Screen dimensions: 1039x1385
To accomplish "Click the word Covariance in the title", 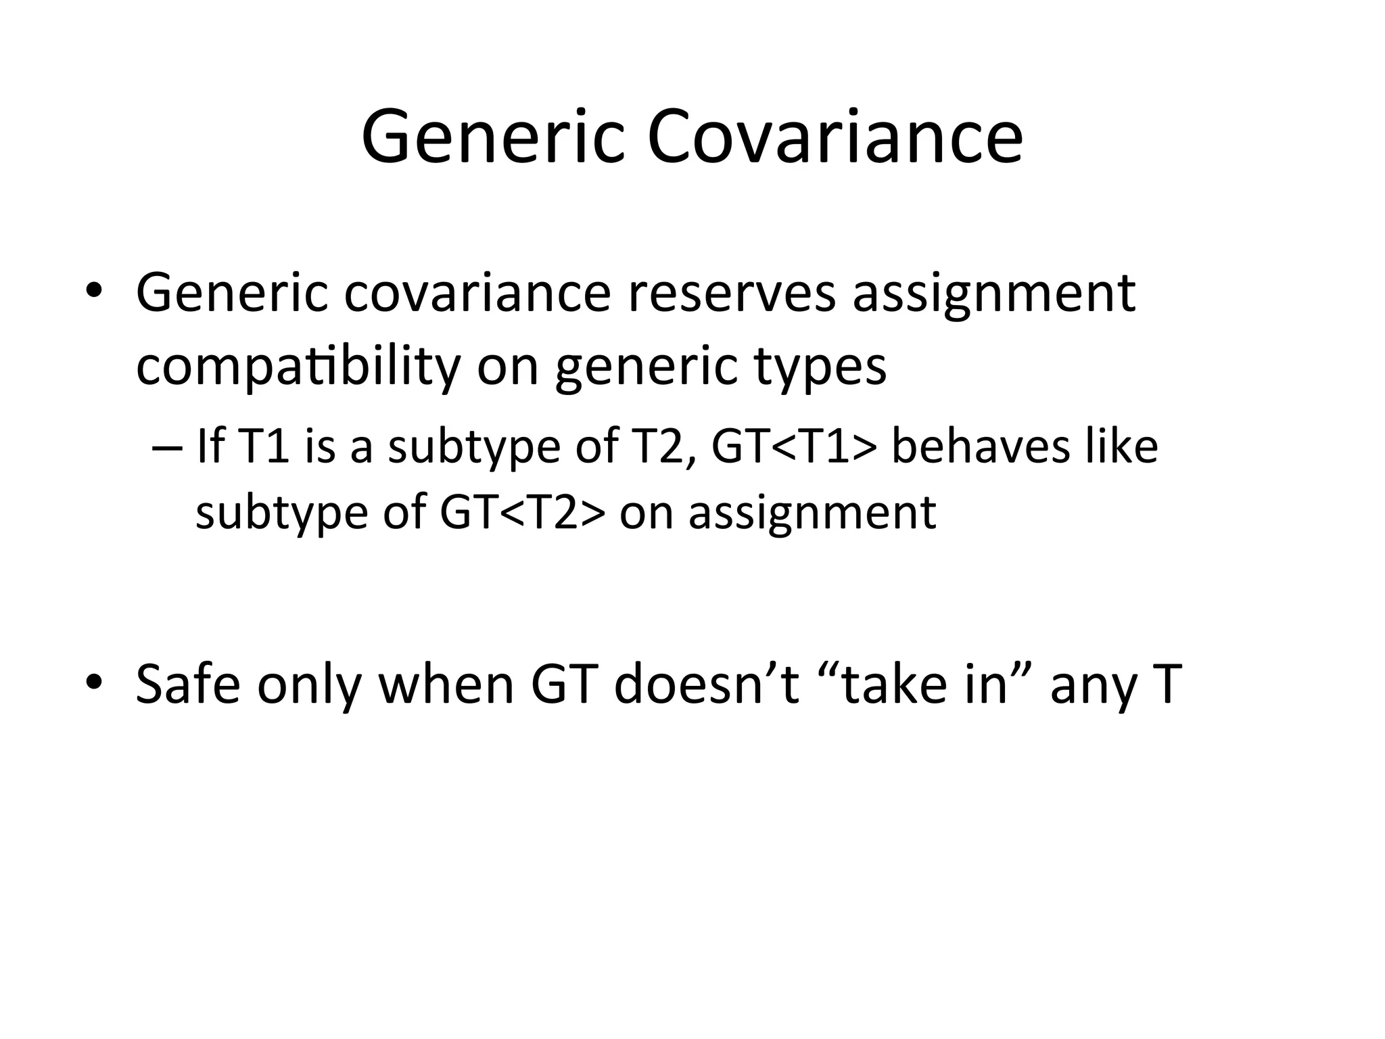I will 835,138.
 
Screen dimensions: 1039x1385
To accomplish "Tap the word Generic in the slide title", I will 492,138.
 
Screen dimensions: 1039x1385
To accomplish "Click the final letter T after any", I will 1163,684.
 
